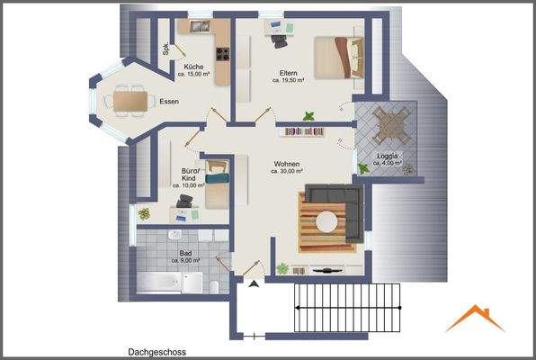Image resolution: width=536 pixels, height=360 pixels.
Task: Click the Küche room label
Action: [x=193, y=67]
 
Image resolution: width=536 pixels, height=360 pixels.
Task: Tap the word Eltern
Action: [x=289, y=73]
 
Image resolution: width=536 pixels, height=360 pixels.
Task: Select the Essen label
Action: [x=168, y=101]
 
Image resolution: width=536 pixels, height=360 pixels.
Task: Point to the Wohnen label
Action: [x=287, y=165]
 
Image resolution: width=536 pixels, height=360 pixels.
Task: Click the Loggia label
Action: [x=389, y=155]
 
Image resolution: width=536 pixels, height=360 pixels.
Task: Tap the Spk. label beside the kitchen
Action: [x=166, y=50]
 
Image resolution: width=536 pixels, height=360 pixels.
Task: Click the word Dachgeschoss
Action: [x=157, y=353]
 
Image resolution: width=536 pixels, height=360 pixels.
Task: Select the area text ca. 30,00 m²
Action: [x=287, y=174]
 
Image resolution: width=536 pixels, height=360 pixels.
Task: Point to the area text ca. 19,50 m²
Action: [x=289, y=80]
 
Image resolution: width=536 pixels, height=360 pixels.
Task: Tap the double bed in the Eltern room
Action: [x=339, y=58]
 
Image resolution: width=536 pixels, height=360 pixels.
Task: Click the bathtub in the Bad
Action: [x=161, y=282]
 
